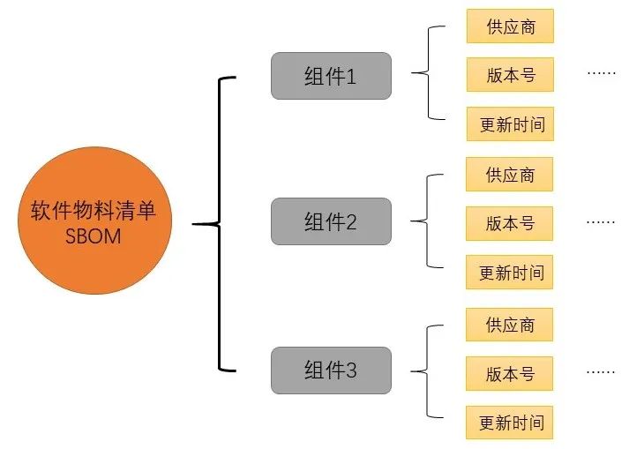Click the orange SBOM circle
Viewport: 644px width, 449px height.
pos(94,223)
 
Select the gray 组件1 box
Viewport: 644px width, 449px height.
pos(330,77)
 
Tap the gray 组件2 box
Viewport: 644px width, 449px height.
pos(330,221)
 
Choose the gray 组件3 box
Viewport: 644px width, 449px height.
pos(330,370)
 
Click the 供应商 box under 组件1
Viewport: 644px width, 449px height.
pos(511,26)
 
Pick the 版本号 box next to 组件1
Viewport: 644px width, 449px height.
pos(511,75)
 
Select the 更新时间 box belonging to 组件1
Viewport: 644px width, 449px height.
pos(511,124)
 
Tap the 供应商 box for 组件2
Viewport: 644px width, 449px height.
pos(511,175)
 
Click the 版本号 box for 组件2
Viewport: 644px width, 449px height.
pos(511,223)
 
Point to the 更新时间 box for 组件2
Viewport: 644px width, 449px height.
pos(511,273)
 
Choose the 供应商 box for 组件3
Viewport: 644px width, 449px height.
pos(511,325)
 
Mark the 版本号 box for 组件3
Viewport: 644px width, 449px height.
pos(511,373)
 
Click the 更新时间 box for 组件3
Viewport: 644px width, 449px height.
pos(511,423)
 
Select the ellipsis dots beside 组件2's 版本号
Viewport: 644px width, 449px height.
pos(601,221)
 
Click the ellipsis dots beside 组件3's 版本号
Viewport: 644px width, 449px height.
pos(601,371)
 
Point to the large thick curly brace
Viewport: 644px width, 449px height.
pos(219,223)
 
